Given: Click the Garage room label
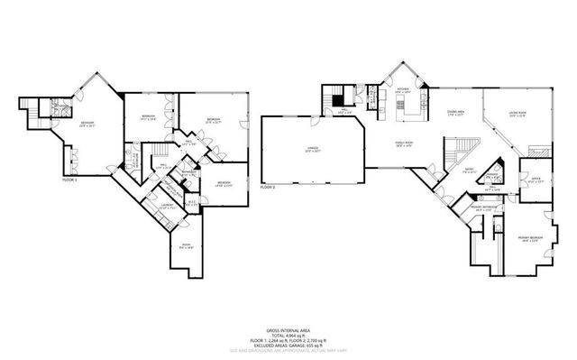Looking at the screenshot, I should (313, 151).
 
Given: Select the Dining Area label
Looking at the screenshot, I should (455, 113).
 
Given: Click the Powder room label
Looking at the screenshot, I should (493, 174).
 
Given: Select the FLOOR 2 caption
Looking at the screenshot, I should (268, 187).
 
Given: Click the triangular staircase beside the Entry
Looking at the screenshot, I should (468, 150).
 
